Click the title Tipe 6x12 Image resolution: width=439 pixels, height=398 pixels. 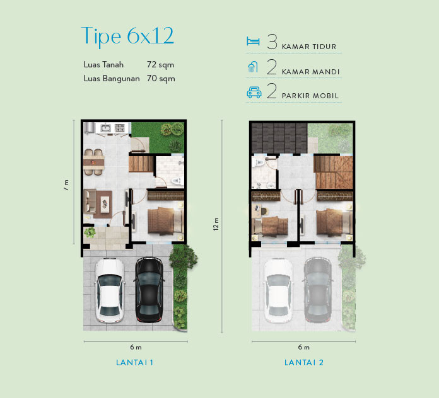click(127, 37)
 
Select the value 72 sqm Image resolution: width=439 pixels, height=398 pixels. click(160, 65)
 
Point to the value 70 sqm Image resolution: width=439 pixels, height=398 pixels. click(161, 79)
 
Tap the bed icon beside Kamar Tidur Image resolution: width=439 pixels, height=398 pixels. click(253, 41)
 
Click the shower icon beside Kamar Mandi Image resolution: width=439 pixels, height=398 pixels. click(253, 67)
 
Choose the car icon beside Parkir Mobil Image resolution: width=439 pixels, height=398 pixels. click(254, 93)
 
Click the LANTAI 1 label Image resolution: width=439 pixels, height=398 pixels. click(135, 363)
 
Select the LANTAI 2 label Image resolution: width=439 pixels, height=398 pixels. click(304, 363)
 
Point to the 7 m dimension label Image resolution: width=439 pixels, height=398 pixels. click(66, 185)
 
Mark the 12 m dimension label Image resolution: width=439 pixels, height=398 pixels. click(216, 224)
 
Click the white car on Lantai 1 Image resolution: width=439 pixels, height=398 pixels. click(110, 290)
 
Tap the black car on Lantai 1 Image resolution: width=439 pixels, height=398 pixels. click(149, 290)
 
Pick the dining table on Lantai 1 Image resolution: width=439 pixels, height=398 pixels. click(93, 162)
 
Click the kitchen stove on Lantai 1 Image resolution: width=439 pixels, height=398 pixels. click(120, 128)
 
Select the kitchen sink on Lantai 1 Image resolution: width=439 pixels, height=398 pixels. click(105, 128)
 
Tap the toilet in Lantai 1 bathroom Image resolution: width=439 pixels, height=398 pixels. click(177, 181)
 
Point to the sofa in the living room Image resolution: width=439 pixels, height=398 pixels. click(90, 202)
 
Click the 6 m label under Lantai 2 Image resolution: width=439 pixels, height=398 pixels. click(304, 347)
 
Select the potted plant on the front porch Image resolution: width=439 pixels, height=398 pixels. click(90, 232)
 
